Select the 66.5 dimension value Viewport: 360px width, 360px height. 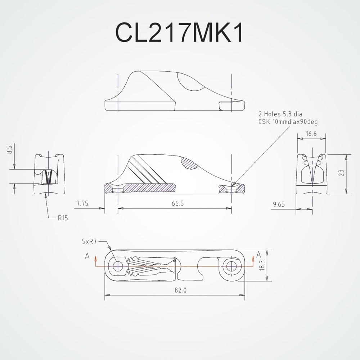(177, 203)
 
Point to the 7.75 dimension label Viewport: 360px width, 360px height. (82, 203)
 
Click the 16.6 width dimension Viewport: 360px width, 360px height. (311, 134)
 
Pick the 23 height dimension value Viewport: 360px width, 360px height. (341, 173)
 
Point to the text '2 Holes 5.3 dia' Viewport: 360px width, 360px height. (280, 114)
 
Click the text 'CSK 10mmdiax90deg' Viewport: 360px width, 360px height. (288, 122)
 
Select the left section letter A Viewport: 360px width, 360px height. (87, 256)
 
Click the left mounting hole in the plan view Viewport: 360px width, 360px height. (117, 266)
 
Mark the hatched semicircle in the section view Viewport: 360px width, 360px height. (191, 163)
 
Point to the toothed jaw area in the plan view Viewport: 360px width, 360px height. (151, 266)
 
